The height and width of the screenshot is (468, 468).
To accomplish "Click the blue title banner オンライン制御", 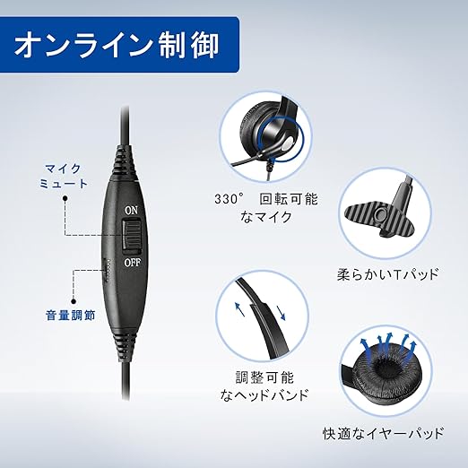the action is tap(119, 44).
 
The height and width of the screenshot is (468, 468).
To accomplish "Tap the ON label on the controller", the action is tap(132, 211).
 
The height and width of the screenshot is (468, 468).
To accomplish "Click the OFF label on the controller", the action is tap(133, 263).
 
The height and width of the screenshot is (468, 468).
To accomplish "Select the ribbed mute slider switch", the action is tap(131, 235).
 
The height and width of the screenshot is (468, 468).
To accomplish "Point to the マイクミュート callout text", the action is tap(64, 177).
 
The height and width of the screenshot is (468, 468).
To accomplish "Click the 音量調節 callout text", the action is tap(70, 316).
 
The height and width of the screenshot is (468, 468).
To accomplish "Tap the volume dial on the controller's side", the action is tap(106, 270).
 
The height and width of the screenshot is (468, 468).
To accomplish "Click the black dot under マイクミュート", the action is tap(65, 198).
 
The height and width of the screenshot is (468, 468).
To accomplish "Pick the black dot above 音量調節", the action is tap(74, 302).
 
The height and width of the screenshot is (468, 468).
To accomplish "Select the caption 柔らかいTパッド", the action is tap(388, 274).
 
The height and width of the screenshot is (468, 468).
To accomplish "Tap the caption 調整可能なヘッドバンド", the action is tap(264, 386).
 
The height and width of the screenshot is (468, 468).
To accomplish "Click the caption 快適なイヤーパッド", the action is tap(384, 434).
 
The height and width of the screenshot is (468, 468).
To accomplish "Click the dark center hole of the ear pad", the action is tap(385, 374).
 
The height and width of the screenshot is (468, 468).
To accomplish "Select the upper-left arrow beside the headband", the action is tap(239, 309).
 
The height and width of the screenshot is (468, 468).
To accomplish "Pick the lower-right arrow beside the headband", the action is tap(281, 313).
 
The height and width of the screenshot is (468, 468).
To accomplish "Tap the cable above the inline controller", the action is tap(126, 126).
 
